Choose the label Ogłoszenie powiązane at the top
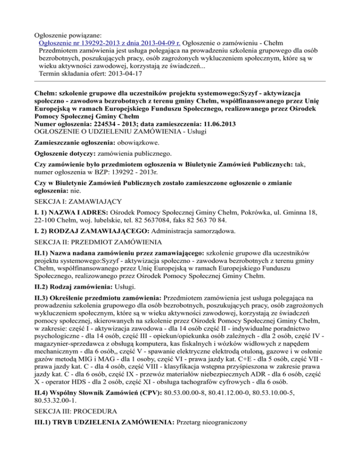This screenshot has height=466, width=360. (73, 34)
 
